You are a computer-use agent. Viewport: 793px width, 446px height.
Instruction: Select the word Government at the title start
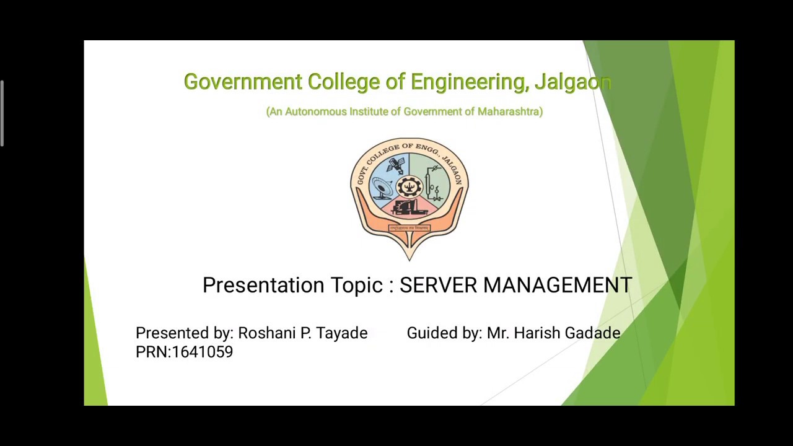point(243,82)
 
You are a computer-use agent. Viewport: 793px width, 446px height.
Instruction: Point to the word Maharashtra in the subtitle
point(510,111)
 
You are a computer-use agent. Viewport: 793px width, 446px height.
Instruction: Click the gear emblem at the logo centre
point(409,185)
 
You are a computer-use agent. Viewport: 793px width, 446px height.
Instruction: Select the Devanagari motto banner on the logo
point(410,228)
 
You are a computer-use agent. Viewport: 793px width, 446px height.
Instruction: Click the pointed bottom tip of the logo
point(409,256)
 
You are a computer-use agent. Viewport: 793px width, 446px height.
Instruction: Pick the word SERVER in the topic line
point(438,285)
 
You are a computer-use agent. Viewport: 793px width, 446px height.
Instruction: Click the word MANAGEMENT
point(558,285)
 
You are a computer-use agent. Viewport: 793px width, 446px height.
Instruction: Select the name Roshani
point(266,333)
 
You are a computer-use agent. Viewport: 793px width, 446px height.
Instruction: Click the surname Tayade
point(342,333)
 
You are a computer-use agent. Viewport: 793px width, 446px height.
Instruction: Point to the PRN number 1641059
point(202,352)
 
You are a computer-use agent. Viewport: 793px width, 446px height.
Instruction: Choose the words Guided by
point(444,333)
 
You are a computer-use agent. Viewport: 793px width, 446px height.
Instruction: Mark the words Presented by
point(184,333)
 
